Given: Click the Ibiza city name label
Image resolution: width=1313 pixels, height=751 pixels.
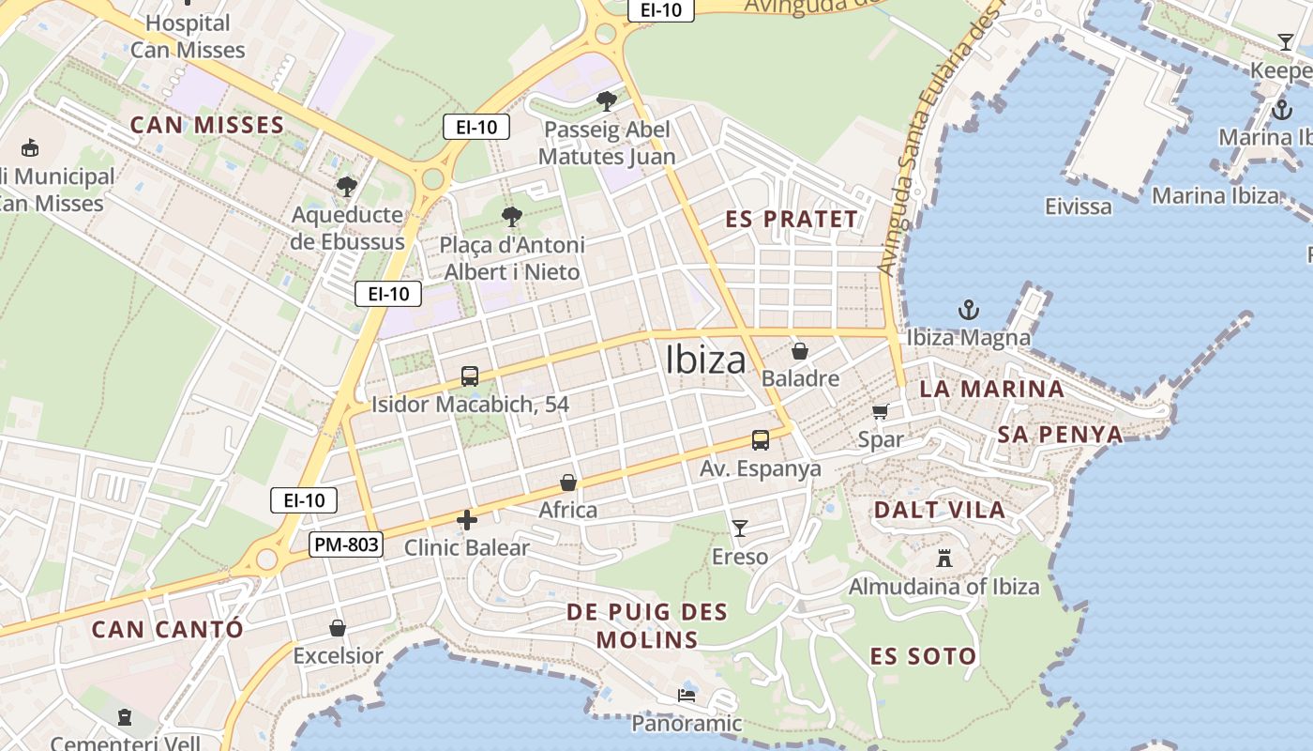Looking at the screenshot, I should [705, 360].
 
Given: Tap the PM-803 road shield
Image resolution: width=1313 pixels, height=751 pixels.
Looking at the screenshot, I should [346, 544].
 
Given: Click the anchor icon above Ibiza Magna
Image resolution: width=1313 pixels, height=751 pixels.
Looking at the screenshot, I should [968, 310].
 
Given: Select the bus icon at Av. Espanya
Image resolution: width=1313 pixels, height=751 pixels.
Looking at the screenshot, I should [761, 439].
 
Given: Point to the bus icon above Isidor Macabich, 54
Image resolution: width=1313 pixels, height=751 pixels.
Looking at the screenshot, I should [470, 376].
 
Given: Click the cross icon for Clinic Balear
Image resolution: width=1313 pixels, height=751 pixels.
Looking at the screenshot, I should [467, 519].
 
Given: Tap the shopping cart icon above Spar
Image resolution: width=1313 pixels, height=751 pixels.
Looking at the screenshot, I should [881, 411].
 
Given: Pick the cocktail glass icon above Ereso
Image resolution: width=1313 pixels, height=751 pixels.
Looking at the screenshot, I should [740, 529].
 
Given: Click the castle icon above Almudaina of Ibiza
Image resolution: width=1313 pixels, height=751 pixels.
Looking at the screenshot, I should [944, 559].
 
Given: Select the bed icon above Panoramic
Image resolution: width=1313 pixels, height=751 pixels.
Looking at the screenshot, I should [687, 696].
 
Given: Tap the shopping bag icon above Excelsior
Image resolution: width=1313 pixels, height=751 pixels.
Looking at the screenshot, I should [338, 628].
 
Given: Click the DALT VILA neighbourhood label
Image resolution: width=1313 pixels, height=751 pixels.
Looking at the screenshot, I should [939, 510].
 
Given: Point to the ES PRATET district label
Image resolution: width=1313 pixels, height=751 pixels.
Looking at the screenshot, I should [792, 219].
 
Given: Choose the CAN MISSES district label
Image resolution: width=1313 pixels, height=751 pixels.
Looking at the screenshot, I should [206, 125].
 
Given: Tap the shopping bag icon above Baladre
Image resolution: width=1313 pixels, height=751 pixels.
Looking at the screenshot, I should [800, 351].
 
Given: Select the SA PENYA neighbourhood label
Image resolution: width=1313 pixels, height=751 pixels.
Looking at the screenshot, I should [1060, 434].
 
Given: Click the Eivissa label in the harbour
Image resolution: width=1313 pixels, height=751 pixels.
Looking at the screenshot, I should [1079, 206].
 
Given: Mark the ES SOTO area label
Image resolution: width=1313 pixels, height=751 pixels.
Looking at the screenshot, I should [923, 655].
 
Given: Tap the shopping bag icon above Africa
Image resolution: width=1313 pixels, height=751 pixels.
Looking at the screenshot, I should [568, 483].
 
